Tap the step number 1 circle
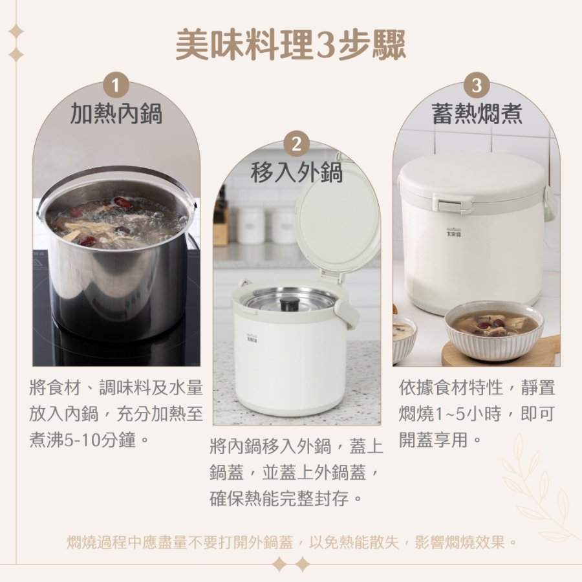pyautogui.click(x=116, y=85)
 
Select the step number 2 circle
pyautogui.click(x=296, y=144)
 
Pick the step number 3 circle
pyautogui.click(x=477, y=85)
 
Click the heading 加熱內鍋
pyautogui.click(x=116, y=114)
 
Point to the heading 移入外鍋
pyautogui.click(x=296, y=172)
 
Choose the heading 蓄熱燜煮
pyautogui.click(x=477, y=114)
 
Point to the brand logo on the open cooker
pyautogui.click(x=253, y=336)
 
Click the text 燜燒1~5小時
pyautogui.click(x=450, y=414)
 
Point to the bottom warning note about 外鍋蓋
pyautogui.click(x=291, y=543)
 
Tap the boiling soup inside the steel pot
pyautogui.click(x=117, y=222)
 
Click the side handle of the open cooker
pyautogui.click(x=348, y=313)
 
